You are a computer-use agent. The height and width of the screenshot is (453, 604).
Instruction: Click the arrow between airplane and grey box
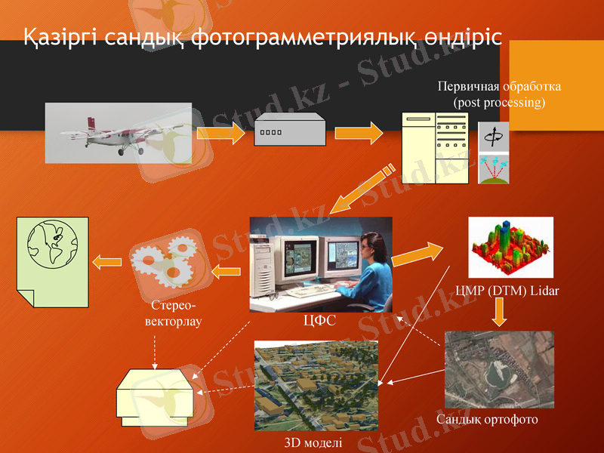point(220,134)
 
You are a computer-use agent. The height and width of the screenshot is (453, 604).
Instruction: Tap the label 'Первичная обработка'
point(499,87)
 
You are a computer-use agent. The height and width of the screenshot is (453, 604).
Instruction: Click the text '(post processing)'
point(498,102)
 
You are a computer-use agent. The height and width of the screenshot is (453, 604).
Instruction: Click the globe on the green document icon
point(51,242)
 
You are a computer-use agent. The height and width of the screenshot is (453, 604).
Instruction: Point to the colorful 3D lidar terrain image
point(510,247)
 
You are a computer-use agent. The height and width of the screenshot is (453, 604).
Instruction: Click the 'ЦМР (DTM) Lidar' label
point(507,291)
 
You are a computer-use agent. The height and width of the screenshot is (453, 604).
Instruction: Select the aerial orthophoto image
point(498,369)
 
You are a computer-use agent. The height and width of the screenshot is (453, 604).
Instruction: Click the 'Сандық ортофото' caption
point(487,419)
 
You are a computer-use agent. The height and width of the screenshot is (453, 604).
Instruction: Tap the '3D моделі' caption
point(313,442)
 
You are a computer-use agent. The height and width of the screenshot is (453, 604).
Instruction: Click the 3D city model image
point(316,385)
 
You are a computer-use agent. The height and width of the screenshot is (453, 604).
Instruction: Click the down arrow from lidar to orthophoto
point(500,311)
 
